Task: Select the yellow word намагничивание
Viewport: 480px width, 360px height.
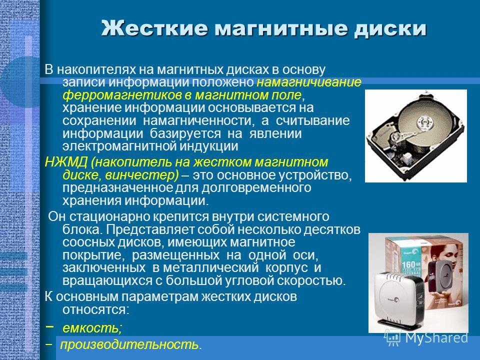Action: point(309,82)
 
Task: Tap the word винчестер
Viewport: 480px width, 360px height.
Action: point(141,175)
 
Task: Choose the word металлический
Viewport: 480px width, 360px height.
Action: point(211,267)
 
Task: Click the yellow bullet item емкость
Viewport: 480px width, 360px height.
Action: point(92,328)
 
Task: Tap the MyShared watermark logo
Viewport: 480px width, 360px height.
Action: point(426,338)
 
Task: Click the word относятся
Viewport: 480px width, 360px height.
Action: point(96,310)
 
